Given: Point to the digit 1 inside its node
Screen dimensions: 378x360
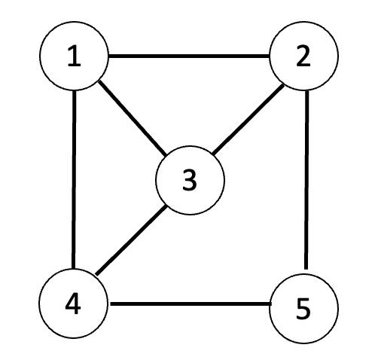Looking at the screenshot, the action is (75, 57).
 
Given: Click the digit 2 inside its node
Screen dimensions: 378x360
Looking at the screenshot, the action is (303, 57).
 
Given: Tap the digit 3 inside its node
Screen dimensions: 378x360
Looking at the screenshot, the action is (190, 181).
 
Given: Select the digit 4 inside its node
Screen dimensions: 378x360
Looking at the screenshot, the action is (73, 304).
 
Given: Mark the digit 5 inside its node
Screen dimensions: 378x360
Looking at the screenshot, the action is (303, 310).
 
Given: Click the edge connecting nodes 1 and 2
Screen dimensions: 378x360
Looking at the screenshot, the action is (189, 56).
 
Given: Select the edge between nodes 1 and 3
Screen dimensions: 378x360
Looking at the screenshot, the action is (132, 118).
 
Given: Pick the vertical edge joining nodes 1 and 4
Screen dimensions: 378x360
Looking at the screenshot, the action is (74, 179).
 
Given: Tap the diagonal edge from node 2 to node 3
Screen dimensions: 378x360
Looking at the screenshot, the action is (248, 119).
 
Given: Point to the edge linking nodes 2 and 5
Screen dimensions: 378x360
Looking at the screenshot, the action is (306, 180).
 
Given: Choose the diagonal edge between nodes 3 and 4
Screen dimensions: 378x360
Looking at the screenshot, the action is (131, 239).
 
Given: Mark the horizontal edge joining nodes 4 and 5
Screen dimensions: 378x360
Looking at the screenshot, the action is (191, 304).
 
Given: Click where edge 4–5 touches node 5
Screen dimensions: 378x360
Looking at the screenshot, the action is (271, 304).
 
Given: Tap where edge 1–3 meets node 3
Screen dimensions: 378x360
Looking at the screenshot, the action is (166, 155).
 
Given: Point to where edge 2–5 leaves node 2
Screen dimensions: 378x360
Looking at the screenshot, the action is (307, 90).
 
